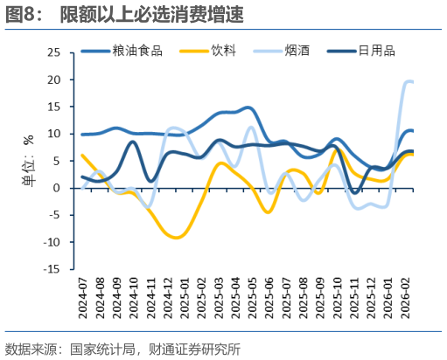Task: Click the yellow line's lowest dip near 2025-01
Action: [x=177, y=237]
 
